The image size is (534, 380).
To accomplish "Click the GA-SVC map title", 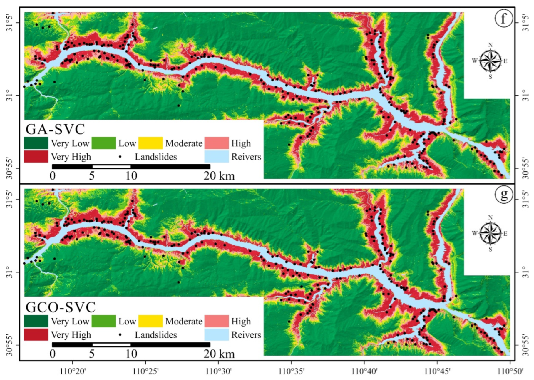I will pos(55,129).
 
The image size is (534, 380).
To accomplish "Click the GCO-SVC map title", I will pos(61,307).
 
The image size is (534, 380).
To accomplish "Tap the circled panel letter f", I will pos(504,18).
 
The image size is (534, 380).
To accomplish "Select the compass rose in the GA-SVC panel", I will pos(490,61).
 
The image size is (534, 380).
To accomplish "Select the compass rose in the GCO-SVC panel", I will pos(490,234).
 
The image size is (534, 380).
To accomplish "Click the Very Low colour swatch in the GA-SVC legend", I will pos(36,143).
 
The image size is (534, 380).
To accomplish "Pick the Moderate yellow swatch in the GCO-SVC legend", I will pos(150,321).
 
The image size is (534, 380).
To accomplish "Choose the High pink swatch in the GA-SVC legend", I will pos(217,143).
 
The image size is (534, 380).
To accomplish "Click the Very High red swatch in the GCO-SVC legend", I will pos(36,335).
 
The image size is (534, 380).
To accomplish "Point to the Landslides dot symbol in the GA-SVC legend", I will pos(120,157).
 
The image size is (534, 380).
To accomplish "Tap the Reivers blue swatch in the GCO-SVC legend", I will pos(217,335).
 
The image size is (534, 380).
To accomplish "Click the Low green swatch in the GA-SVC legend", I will pos(103,143).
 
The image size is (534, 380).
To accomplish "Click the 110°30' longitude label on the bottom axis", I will pos(218,371).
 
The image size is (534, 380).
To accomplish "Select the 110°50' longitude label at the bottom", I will pos(510,371).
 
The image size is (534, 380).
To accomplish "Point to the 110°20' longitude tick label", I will pos(73,371).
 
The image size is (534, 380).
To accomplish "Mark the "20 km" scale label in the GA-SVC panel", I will pos(219,176).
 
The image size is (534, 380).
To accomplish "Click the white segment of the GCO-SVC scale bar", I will pos(111,345).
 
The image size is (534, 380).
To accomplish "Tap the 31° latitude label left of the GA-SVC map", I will pos(9,96).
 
